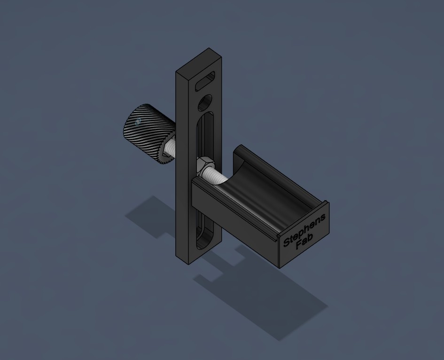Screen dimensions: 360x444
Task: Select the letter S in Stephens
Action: click(287, 243)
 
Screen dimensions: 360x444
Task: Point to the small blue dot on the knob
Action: click(138, 122)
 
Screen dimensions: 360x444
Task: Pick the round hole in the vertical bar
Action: click(205, 103)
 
